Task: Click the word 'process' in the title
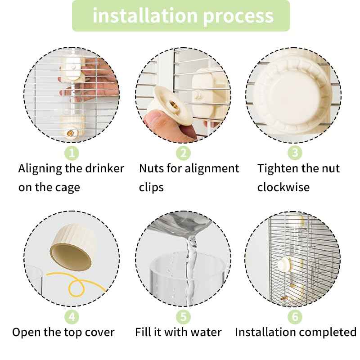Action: (x=238, y=17)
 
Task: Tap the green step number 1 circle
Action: (x=72, y=153)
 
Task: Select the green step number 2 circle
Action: (x=183, y=153)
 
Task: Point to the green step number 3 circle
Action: (x=295, y=153)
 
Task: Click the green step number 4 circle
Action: (x=72, y=317)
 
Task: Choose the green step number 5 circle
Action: (x=183, y=317)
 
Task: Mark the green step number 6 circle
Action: (x=295, y=317)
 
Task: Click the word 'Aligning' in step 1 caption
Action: (x=40, y=169)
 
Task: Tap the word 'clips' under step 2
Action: (x=151, y=187)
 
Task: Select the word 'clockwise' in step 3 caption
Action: (x=283, y=187)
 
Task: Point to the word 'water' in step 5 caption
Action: (x=205, y=333)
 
